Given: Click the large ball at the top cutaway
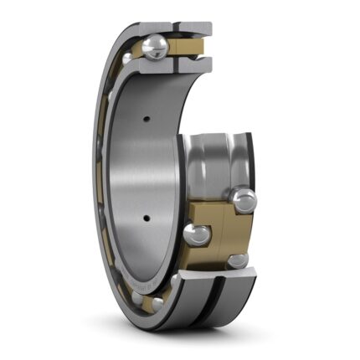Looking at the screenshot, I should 155,49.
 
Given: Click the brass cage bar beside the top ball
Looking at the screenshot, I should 187,49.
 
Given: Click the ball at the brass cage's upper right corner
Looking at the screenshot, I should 245,199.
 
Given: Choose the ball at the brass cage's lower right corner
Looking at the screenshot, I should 238,260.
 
